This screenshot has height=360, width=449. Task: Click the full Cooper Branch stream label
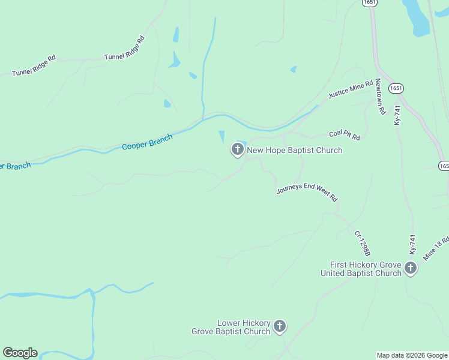point(147,142)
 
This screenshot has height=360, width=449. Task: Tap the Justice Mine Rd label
point(351,89)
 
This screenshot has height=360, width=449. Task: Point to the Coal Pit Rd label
point(344,136)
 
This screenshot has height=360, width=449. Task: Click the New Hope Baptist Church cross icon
point(237,149)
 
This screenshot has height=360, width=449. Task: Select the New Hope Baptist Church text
point(295,150)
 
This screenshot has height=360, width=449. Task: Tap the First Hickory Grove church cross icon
point(410,268)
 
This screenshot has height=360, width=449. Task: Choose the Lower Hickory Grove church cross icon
point(279,326)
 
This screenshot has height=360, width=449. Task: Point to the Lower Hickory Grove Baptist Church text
point(231,327)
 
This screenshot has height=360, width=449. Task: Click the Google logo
point(20,353)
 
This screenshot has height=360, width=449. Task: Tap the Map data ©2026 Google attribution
point(412,355)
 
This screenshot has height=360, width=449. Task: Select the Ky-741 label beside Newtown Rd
point(397,115)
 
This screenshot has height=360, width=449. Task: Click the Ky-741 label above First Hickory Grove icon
point(412,245)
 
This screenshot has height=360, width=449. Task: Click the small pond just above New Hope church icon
point(222,136)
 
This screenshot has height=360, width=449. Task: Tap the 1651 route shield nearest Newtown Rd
point(395,88)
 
